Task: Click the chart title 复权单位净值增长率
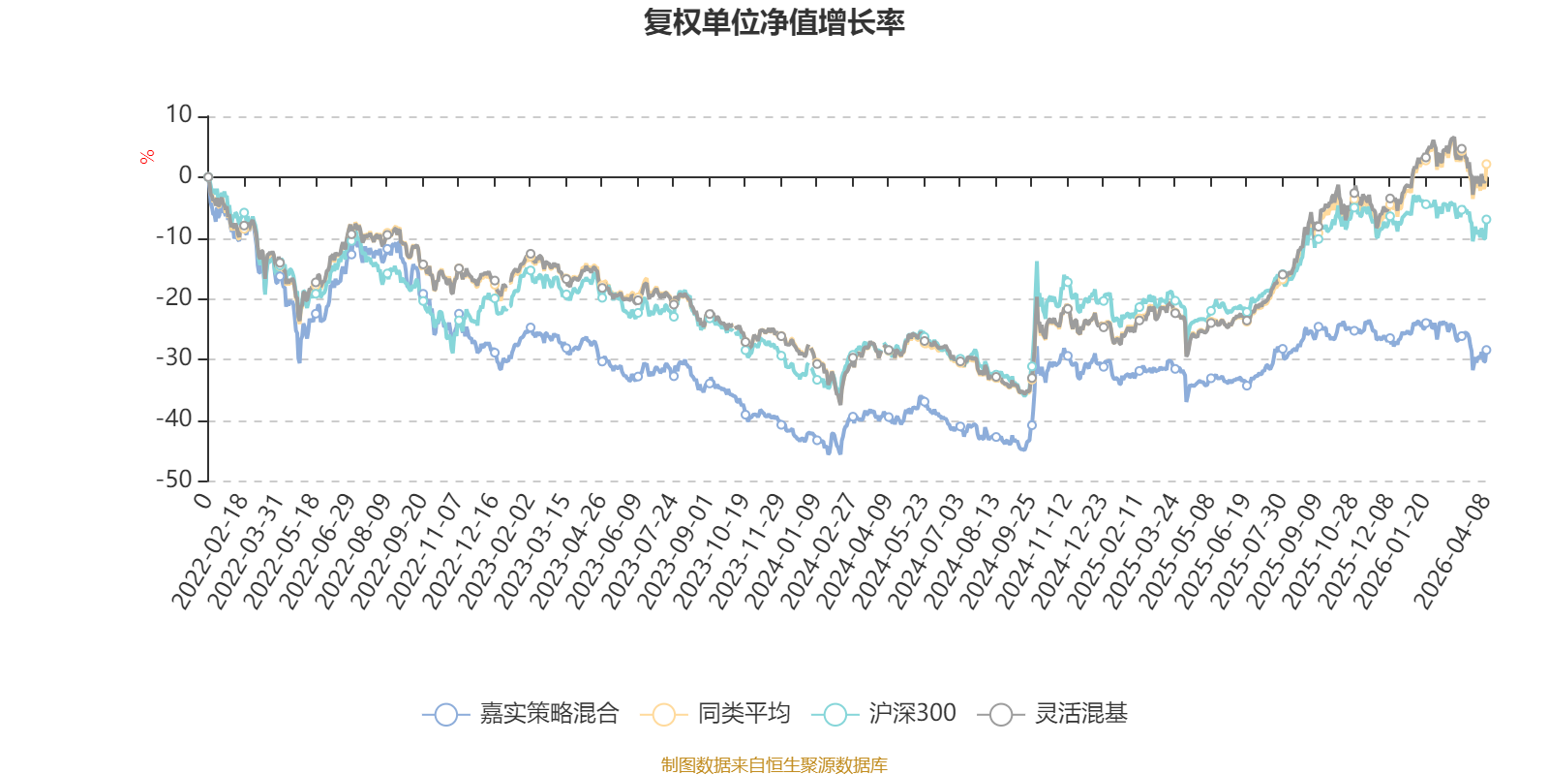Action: (774, 22)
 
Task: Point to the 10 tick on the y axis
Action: (179, 115)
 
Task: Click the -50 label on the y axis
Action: (174, 480)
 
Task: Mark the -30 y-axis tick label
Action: (174, 358)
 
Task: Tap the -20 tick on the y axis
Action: (174, 298)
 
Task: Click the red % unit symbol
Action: (147, 157)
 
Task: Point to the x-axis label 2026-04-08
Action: (1452, 552)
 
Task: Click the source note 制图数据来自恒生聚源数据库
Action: (774, 765)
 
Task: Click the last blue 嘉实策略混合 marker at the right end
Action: (1486, 350)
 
